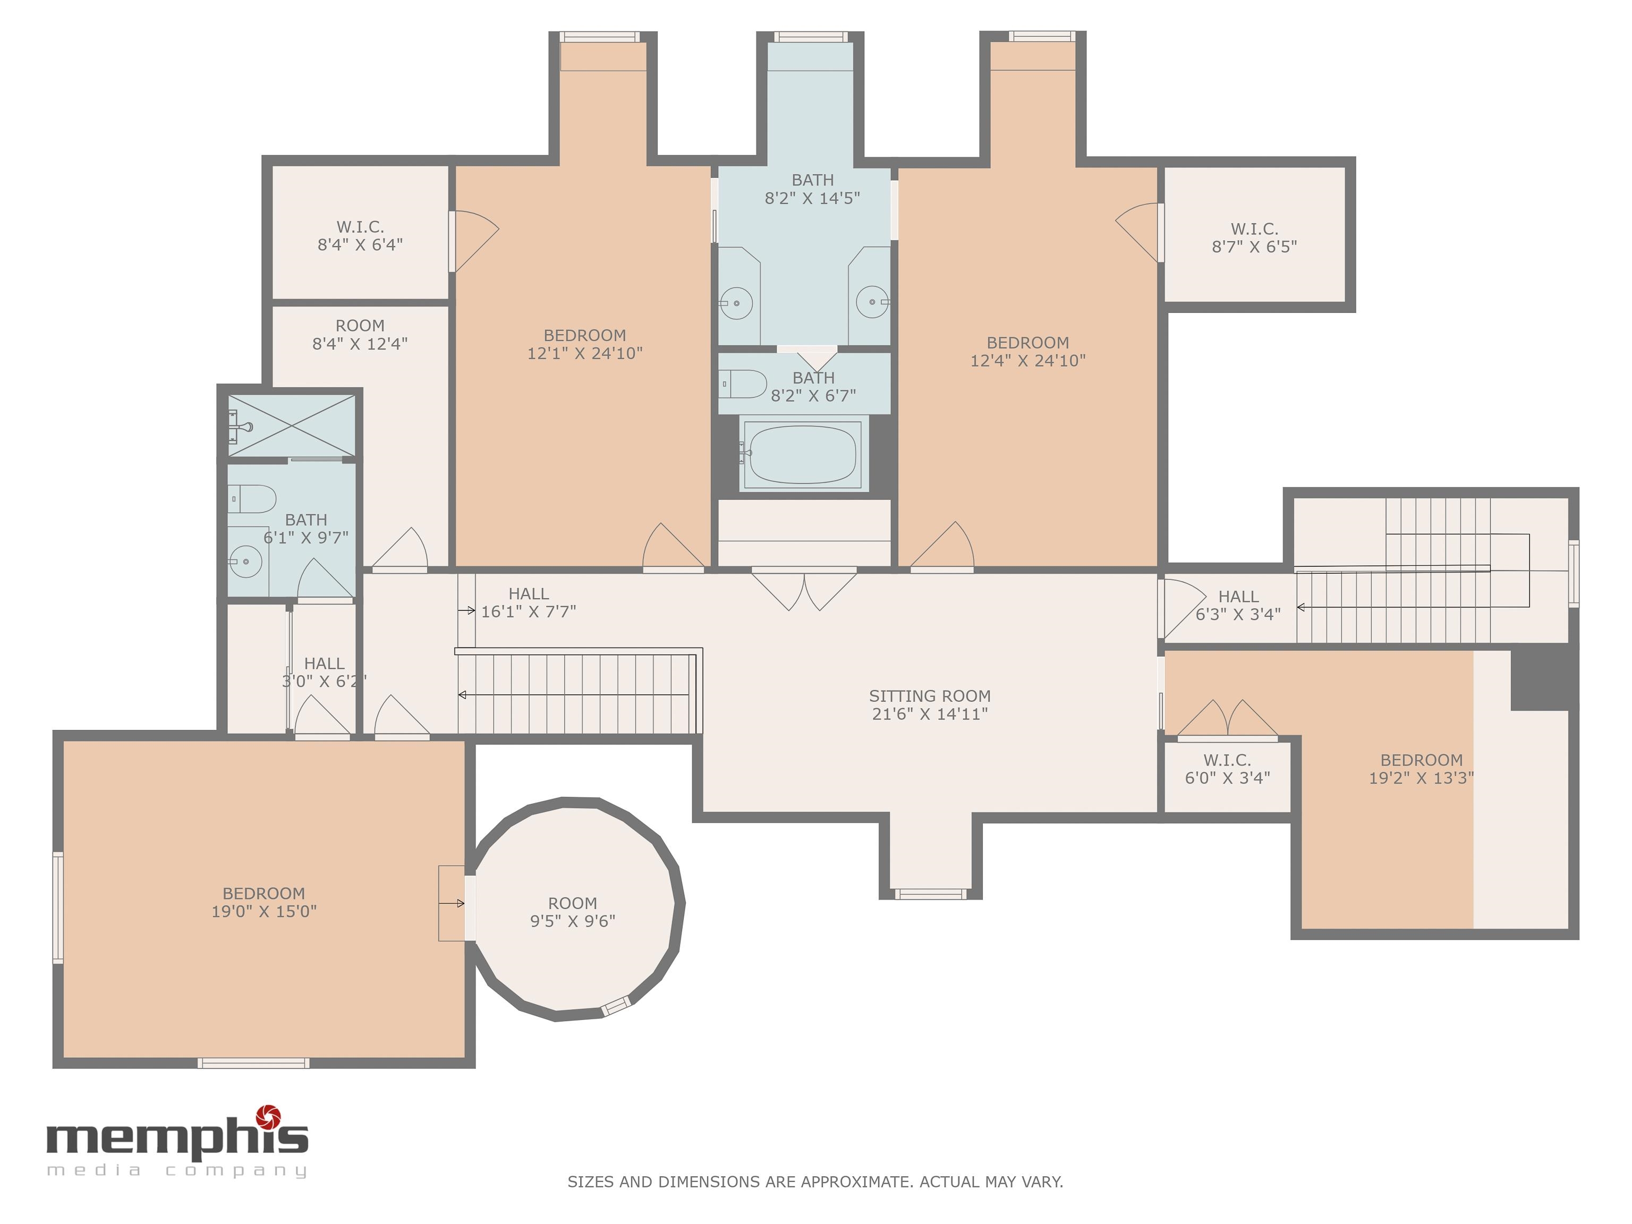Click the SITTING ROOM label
click(x=930, y=696)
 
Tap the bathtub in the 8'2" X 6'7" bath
click(x=803, y=453)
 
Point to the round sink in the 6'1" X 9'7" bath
click(x=246, y=562)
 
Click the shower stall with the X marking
click(x=292, y=426)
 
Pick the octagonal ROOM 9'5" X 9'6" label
click(x=573, y=912)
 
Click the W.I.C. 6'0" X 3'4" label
click(x=1227, y=769)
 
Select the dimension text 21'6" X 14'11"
click(x=930, y=713)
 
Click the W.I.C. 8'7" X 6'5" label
click(x=1254, y=237)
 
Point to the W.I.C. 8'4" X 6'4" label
click(x=360, y=235)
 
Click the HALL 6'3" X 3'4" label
click(x=1238, y=605)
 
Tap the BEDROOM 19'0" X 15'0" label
click(x=264, y=902)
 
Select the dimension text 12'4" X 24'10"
click(x=1028, y=361)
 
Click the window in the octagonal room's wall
click(x=616, y=1006)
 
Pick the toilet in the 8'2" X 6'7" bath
click(x=744, y=384)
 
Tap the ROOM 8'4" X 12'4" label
click(x=360, y=334)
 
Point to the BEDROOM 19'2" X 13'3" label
click(x=1422, y=769)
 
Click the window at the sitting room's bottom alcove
click(x=930, y=894)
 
